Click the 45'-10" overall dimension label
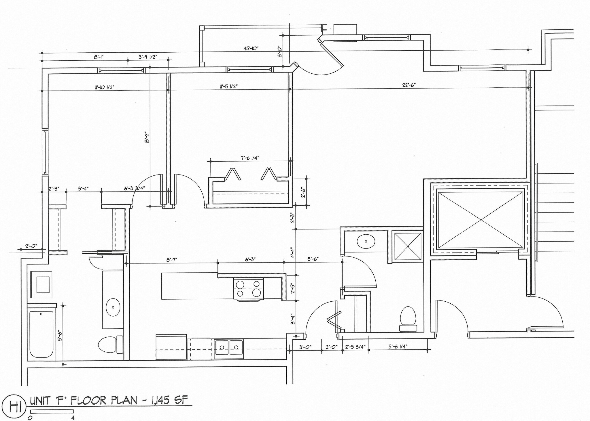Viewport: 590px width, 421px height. click(251, 49)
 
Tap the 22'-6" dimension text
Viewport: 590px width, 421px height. click(409, 85)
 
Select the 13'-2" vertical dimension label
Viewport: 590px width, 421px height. click(147, 138)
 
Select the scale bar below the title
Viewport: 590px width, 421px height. click(52, 411)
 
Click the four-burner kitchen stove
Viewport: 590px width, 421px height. click(249, 289)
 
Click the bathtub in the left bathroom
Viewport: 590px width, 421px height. click(41, 334)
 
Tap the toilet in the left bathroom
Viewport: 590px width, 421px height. click(110, 345)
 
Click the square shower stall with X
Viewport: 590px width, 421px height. click(408, 246)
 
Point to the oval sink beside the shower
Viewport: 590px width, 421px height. click(366, 241)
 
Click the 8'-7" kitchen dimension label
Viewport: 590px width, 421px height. click(171, 260)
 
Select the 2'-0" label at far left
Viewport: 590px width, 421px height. click(31, 246)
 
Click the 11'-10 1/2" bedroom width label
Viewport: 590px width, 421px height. click(105, 87)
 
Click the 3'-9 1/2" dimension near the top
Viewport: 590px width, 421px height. click(148, 57)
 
